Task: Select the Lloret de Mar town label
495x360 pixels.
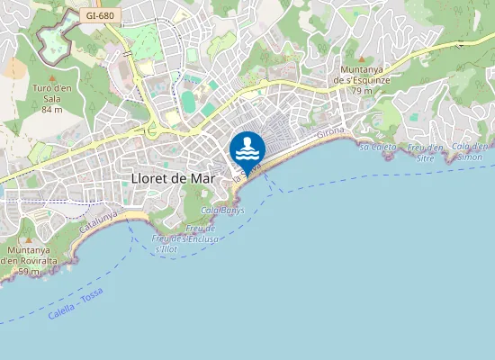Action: [x=174, y=177]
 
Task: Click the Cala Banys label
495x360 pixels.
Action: [x=223, y=210]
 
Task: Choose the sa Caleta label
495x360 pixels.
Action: [x=377, y=146]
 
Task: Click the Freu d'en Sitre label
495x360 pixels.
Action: [x=427, y=151]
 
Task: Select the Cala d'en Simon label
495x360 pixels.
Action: [x=470, y=151]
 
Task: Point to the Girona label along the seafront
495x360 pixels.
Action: [x=331, y=136]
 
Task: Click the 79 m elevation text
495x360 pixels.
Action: [x=362, y=91]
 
